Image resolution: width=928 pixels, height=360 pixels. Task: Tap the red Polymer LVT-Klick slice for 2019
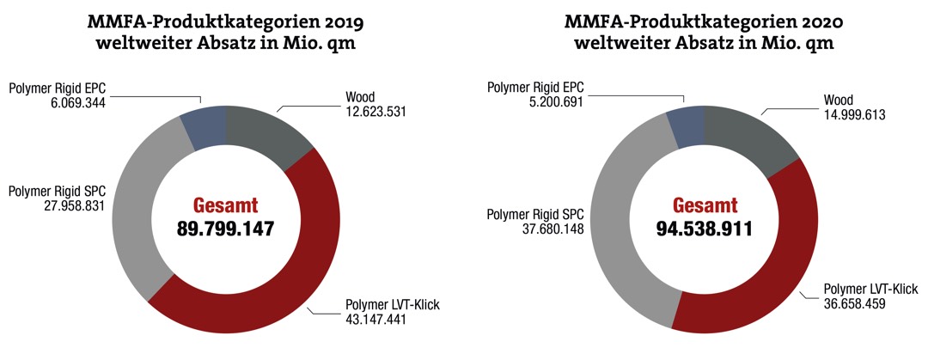284,284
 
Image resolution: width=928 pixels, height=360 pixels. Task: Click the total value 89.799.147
225,229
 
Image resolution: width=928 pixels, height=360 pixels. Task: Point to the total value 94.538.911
704,229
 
